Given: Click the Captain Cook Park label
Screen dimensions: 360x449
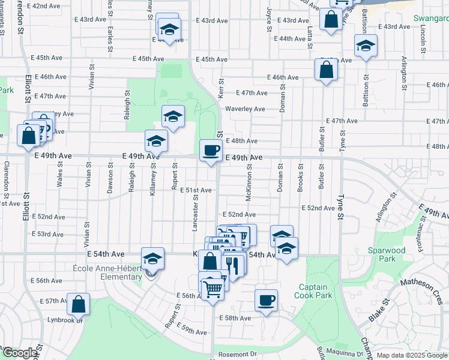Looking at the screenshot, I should coord(314,290).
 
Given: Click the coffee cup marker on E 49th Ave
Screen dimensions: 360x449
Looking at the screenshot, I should coord(210,150).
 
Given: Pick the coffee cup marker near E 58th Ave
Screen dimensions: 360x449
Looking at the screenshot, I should coord(266,300).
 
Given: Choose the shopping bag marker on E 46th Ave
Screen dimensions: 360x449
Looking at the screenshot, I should coord(326,70).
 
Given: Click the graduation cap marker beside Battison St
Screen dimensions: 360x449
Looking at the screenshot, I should coord(366,46).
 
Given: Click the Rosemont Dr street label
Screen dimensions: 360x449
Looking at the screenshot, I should coord(237,355).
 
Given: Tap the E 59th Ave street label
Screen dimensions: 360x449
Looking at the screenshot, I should coord(192,331).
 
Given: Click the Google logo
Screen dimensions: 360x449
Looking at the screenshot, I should coord(19,353).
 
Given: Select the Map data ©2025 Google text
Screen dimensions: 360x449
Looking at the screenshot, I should coord(411,355).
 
